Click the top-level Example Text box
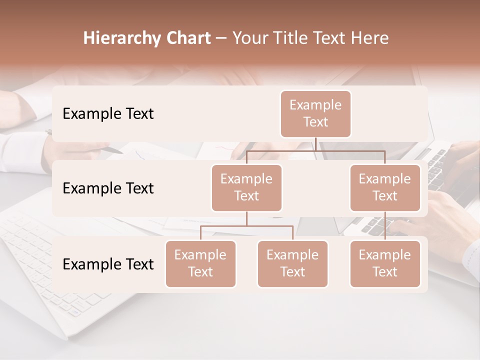point(315,114)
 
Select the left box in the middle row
point(246,188)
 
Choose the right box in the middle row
point(385,188)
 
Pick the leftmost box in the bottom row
point(200,264)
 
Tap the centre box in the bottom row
point(292,264)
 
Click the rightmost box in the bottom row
point(385,264)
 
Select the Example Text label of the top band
point(108,114)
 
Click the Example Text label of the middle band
point(108,188)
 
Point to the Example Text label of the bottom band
point(108,264)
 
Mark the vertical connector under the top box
point(315,144)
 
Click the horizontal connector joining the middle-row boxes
point(315,150)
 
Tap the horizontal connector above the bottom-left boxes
point(246,226)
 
